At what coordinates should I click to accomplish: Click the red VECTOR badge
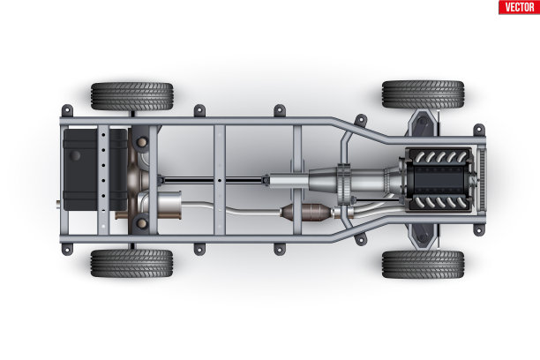(519, 7)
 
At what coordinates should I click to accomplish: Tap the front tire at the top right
(424, 94)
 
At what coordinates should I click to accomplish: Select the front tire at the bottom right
(424, 264)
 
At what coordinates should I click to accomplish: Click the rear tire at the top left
(131, 96)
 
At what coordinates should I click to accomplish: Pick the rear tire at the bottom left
(131, 263)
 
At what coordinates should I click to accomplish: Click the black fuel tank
(95, 169)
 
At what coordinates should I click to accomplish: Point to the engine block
(439, 179)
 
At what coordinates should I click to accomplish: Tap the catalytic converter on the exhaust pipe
(305, 213)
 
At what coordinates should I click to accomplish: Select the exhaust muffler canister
(169, 205)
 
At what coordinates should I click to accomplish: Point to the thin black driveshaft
(214, 180)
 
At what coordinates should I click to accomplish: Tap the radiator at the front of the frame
(482, 179)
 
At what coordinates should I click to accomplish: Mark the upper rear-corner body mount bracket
(67, 111)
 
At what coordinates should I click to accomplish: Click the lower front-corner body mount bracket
(479, 229)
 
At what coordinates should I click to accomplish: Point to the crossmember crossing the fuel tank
(103, 179)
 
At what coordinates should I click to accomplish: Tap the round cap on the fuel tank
(75, 155)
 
